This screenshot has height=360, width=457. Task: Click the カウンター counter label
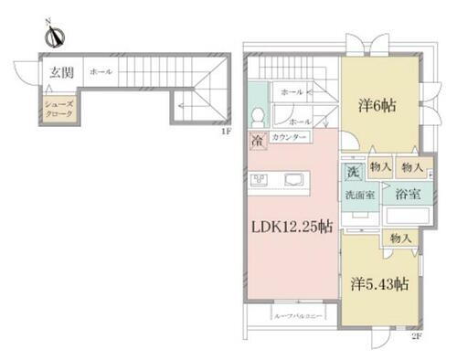pos(290,138)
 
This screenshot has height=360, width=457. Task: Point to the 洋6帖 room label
pos(376,104)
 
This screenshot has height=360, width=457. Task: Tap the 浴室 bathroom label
pos(407,195)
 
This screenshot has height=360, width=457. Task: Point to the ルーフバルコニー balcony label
pos(293,316)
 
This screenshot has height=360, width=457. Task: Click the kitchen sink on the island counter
pos(294,178)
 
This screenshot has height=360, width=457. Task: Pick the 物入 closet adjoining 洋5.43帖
pos(399,238)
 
